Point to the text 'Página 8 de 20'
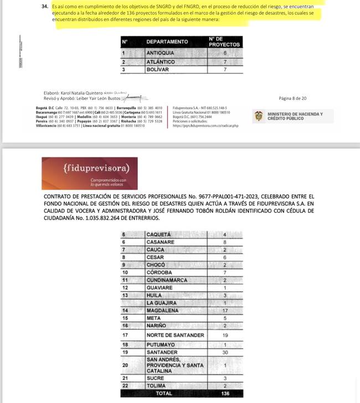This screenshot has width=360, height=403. (293, 99)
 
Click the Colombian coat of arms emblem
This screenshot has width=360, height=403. (258, 116)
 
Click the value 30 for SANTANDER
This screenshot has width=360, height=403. (225, 352)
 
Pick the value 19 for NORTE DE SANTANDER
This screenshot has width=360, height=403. (225, 335)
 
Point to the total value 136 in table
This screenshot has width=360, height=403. (225, 393)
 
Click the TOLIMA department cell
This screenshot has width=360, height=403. (158, 385)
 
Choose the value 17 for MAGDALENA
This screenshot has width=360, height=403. (225, 312)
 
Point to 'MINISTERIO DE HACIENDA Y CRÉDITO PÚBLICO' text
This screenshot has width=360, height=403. (295, 116)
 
